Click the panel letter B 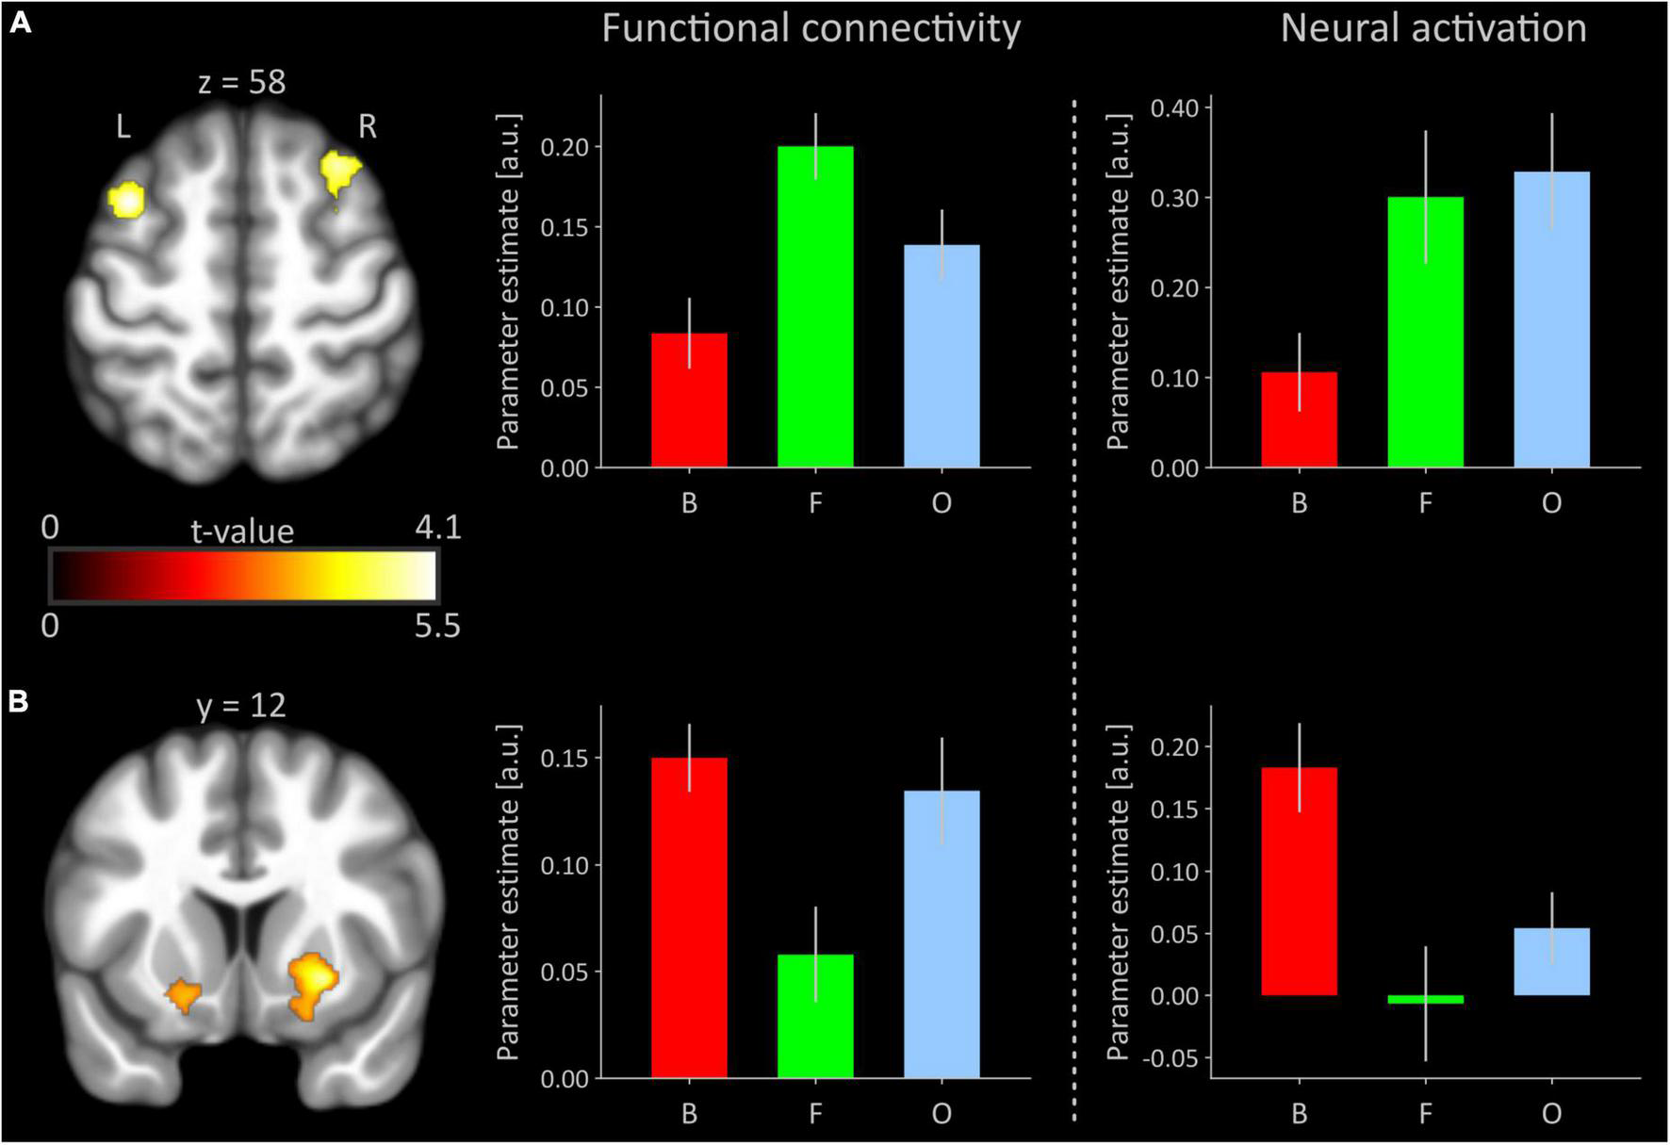20,701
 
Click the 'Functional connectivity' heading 810,28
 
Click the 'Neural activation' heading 1433,28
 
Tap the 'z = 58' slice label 241,82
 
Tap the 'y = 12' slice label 241,705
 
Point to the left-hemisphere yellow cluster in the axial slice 126,200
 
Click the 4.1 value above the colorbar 437,528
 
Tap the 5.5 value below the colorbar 437,625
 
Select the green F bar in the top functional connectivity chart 815,307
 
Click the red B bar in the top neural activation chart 1299,420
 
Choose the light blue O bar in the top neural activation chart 1551,320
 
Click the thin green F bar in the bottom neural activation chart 1425,999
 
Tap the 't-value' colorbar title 242,532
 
